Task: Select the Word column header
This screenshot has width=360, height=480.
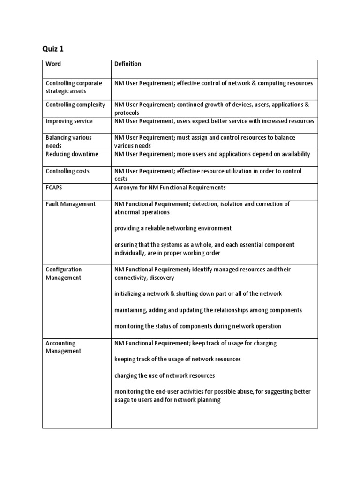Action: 53,64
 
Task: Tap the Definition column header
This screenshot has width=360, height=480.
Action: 127,64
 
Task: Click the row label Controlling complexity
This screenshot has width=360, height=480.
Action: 75,105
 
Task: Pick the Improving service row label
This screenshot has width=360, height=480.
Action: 69,121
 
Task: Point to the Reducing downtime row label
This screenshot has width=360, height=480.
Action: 71,154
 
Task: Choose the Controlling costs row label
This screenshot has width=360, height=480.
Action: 67,171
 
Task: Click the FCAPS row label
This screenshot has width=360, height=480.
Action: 54,187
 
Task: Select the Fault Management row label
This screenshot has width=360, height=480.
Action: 70,204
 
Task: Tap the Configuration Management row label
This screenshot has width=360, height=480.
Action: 63,273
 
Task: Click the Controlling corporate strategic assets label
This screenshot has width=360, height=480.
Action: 74,87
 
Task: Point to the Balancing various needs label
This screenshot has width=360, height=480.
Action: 68,142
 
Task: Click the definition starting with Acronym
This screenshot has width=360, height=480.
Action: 170,187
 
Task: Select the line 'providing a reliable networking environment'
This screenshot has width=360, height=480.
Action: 173,228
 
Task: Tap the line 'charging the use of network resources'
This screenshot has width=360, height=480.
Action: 165,375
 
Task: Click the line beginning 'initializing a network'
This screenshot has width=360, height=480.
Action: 198,293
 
